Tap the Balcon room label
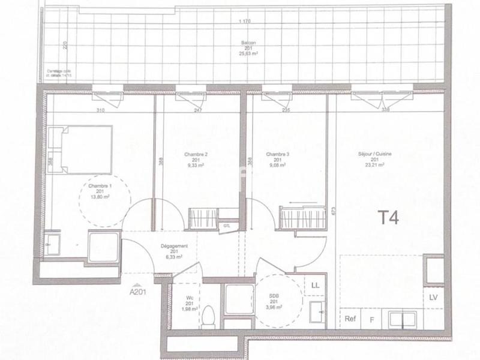tap(245, 43)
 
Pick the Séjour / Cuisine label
tap(375, 154)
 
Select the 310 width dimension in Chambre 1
tap(100, 110)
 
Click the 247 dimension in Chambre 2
tap(197, 110)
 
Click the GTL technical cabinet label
tap(226, 226)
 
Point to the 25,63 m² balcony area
tap(245, 53)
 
